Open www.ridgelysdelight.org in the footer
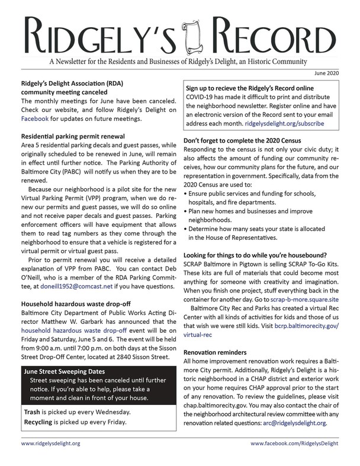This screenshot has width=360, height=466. tap(51, 443)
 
